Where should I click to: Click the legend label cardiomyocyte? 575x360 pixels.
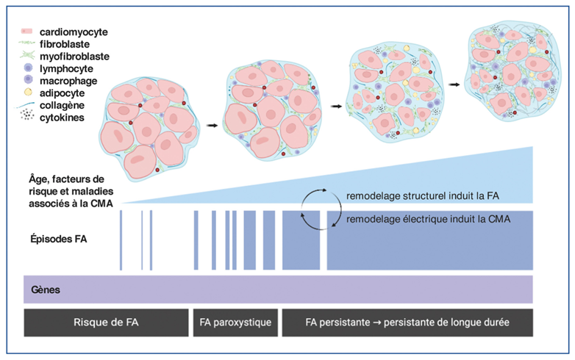pos(74,32)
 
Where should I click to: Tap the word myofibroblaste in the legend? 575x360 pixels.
pos(74,57)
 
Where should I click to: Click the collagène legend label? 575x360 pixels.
pos(65,104)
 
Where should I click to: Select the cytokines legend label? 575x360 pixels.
pos(65,115)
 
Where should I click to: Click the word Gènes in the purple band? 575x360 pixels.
pos(46,289)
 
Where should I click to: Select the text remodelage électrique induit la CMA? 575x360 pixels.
pos(428,218)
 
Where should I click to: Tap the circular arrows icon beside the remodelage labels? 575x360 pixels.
pos(321,209)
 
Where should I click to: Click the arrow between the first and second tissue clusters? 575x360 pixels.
pos(212,126)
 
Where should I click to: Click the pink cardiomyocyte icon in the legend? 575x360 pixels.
pos(26,32)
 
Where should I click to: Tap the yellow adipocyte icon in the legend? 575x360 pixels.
pos(26,93)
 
